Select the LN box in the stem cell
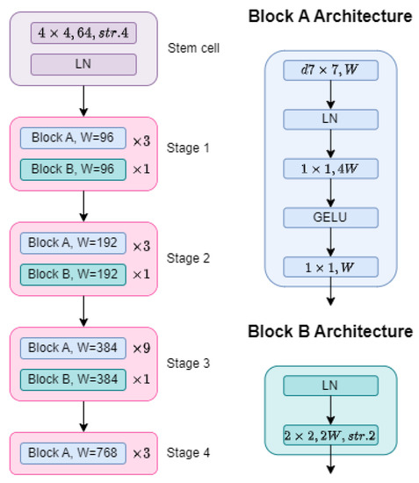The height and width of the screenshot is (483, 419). tap(83, 64)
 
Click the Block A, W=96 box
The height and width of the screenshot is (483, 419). tap(72, 139)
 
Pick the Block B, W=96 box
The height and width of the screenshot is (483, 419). tap(72, 168)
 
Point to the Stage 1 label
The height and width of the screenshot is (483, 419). tap(189, 148)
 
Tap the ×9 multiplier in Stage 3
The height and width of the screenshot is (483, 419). tap(142, 350)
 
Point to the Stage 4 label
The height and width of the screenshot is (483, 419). tap(189, 453)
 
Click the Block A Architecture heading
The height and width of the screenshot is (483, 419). tap(329, 16)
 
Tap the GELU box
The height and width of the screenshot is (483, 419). tap(330, 217)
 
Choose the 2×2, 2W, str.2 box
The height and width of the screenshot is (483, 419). tap(330, 433)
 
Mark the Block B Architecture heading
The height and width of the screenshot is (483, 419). tap(329, 331)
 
